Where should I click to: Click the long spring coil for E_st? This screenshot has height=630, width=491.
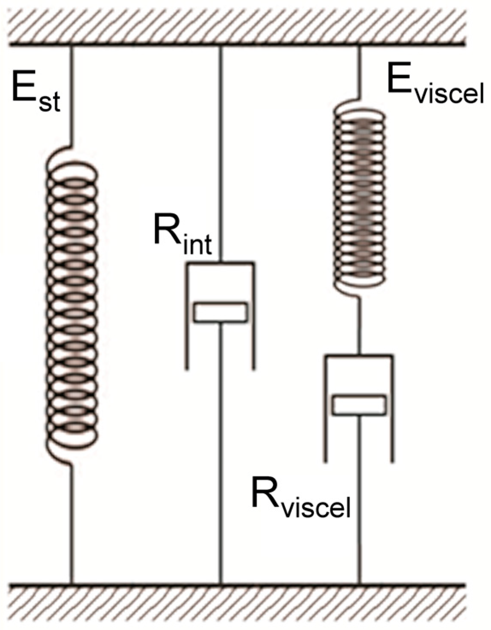pyautogui.click(x=72, y=307)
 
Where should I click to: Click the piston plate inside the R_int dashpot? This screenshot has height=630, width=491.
pyautogui.click(x=220, y=312)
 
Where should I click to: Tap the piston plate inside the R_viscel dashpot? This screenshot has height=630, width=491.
pyautogui.click(x=359, y=405)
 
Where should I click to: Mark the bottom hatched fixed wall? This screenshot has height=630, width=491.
pyautogui.click(x=245, y=606)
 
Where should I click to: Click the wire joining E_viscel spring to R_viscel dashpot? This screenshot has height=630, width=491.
pyautogui.click(x=359, y=324)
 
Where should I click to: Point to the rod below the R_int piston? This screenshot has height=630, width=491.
pyautogui.click(x=220, y=448)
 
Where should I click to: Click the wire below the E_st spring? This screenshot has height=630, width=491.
pyautogui.click(x=72, y=525)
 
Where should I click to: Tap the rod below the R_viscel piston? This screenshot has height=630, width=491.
pyautogui.click(x=359, y=512)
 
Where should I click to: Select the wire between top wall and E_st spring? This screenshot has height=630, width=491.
pyautogui.click(x=72, y=94)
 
